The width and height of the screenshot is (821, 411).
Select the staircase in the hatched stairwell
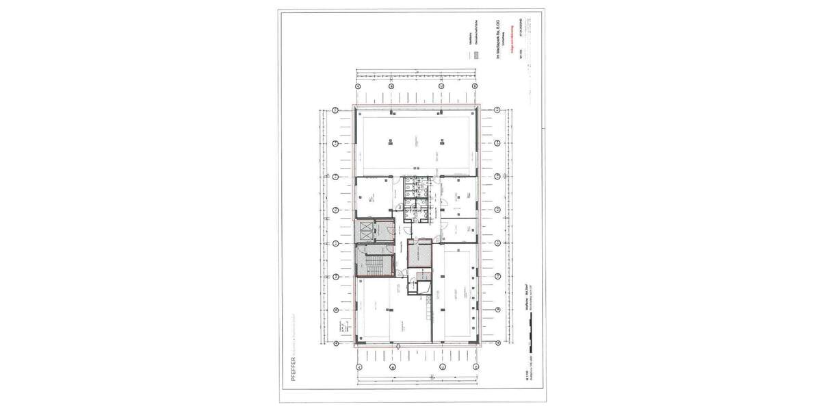(374, 264)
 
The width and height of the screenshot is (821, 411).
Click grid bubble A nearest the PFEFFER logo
(359, 366)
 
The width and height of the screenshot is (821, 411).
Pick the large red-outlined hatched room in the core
(419, 254)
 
